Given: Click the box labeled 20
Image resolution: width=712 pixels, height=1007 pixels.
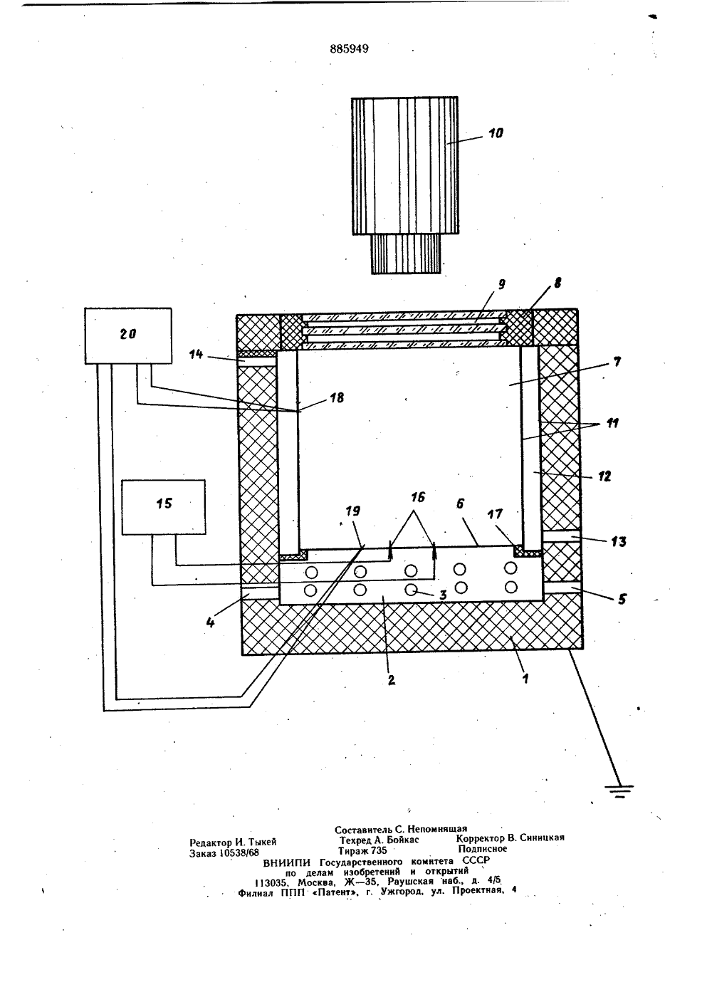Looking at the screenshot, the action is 128,335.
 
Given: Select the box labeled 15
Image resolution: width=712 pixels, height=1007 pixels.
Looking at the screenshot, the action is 164,507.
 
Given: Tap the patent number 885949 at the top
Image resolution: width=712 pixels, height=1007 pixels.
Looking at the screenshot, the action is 349,49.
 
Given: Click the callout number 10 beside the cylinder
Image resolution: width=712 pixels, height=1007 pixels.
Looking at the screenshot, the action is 495,133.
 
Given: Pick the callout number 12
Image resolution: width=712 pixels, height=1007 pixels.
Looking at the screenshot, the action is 604,476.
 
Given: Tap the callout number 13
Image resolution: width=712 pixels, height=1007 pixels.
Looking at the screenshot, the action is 619,542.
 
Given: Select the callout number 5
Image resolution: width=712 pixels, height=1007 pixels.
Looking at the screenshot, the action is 622,599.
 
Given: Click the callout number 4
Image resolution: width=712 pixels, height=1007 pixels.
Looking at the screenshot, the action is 210,623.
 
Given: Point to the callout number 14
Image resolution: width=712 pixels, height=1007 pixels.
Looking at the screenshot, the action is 195,354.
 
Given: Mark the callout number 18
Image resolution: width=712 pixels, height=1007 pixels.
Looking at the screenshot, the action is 337,397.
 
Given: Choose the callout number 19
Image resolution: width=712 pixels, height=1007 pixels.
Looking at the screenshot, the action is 353,511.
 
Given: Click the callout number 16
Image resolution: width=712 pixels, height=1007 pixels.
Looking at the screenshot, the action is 417,497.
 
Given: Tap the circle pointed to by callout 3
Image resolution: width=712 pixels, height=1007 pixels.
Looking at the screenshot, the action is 411,590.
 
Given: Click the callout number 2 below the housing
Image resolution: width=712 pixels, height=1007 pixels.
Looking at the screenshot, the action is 391,680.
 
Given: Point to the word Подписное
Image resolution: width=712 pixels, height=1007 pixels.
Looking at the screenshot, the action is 482,849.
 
